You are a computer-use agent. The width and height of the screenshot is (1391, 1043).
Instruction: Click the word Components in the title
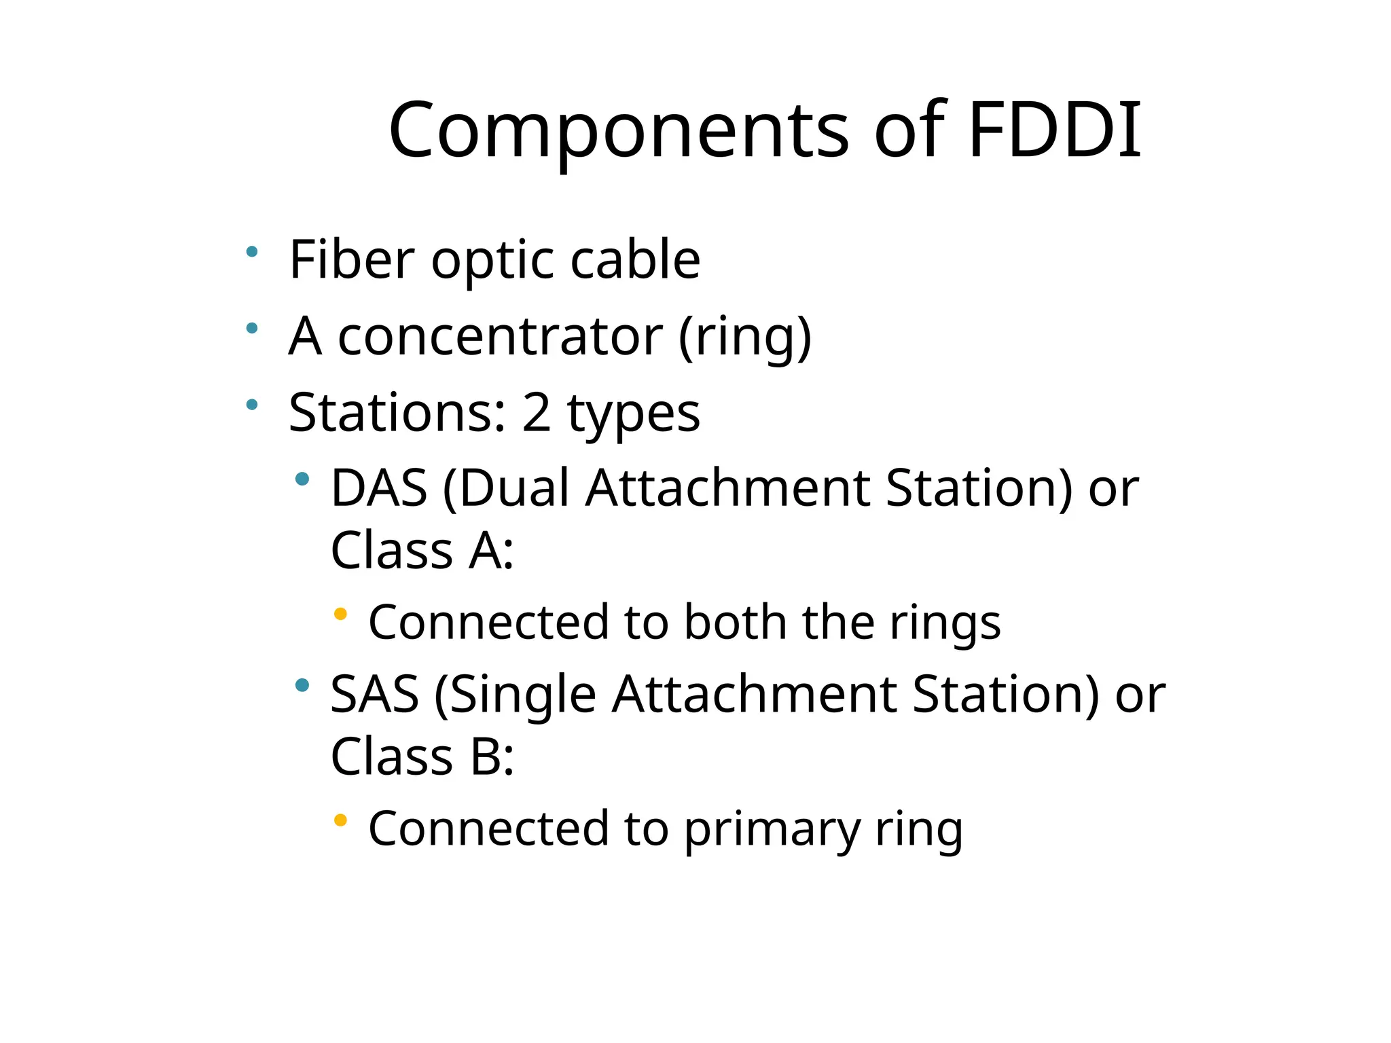pyautogui.click(x=618, y=131)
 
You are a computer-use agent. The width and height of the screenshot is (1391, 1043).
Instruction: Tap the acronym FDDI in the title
pyautogui.click(x=1054, y=130)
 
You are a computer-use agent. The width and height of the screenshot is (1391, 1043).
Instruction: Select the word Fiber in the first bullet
pyautogui.click(x=351, y=259)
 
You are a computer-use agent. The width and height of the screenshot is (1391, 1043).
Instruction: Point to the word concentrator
pyautogui.click(x=500, y=337)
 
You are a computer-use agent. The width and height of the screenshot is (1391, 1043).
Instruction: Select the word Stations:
pyautogui.click(x=397, y=413)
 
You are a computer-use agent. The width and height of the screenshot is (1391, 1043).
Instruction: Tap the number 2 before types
pyautogui.click(x=536, y=413)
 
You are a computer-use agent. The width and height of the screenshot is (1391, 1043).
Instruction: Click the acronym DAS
pyautogui.click(x=379, y=488)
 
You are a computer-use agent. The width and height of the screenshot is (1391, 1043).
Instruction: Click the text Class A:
pyautogui.click(x=422, y=551)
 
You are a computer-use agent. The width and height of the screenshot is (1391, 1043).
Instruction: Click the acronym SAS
pyautogui.click(x=374, y=695)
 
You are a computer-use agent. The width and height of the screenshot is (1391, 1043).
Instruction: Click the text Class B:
pyautogui.click(x=422, y=757)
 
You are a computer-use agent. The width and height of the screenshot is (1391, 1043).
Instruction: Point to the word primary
pyautogui.click(x=771, y=829)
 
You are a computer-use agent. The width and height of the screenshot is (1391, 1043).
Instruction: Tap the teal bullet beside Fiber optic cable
pyautogui.click(x=252, y=252)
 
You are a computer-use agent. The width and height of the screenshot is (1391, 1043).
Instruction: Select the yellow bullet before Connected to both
pyautogui.click(x=341, y=615)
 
